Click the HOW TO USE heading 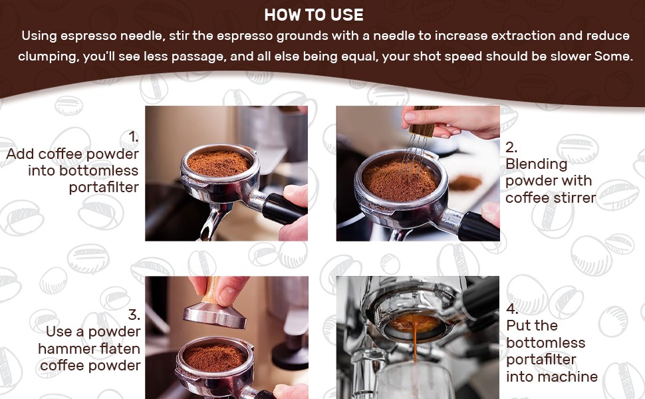(x=314, y=15)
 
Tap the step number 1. (x=133, y=136)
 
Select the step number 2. (x=511, y=147)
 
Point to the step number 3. (x=134, y=315)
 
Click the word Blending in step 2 (x=537, y=164)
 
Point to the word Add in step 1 (x=20, y=154)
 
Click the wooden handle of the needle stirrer (x=423, y=121)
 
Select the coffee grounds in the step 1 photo (x=219, y=163)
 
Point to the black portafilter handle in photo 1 (x=283, y=209)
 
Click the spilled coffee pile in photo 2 (x=465, y=183)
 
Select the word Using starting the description (x=39, y=36)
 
